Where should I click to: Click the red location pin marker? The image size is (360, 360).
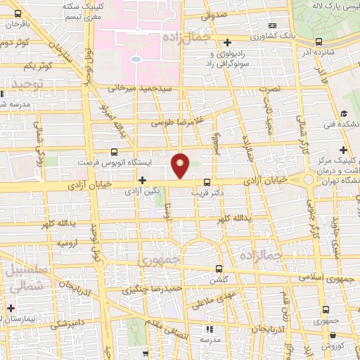[181, 165]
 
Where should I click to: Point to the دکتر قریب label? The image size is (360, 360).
[210, 191]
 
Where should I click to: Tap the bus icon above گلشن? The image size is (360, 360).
[219, 269]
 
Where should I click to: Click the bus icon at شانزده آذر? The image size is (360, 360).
[319, 41]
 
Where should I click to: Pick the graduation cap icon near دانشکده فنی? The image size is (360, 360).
[344, 113]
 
